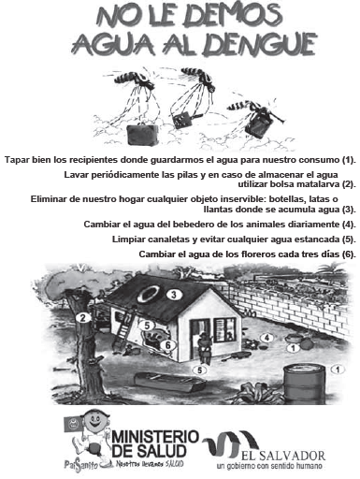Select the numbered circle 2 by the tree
tap(83, 318)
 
